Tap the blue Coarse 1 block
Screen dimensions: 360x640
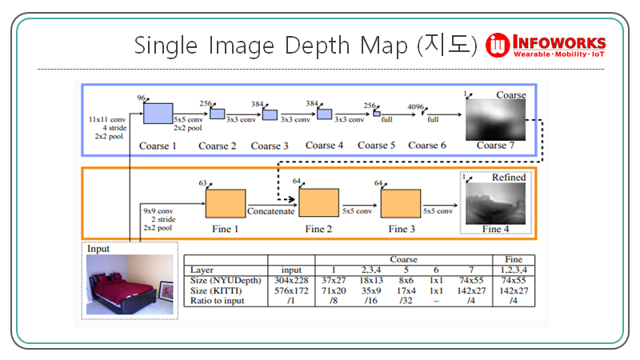158,114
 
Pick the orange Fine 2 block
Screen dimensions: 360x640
318,203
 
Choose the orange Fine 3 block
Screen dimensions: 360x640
400,203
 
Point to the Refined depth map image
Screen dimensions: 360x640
494,203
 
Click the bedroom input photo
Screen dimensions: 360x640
130,285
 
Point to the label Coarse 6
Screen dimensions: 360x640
427,146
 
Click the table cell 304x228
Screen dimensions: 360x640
292,281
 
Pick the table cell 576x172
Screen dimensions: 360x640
292,290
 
